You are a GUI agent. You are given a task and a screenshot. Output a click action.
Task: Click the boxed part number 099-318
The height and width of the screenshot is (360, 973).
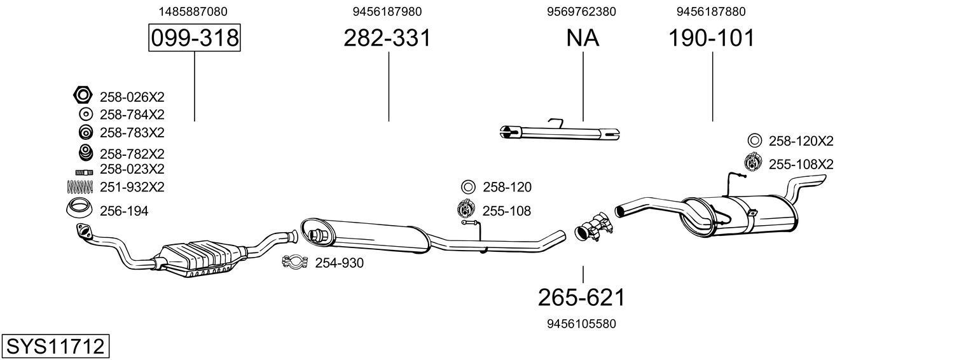195,38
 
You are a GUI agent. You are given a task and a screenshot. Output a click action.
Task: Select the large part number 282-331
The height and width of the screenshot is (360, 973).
387,38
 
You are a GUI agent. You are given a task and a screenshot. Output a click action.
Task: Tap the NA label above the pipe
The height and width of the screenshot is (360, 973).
583,38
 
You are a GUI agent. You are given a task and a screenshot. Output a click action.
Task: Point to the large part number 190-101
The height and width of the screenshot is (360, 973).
711,38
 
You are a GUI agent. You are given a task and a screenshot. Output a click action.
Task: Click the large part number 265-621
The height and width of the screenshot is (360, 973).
582,297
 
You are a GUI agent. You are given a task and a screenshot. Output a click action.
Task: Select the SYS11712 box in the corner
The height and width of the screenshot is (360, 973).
55,347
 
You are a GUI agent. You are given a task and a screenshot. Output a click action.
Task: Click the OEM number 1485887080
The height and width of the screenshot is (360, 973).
193,11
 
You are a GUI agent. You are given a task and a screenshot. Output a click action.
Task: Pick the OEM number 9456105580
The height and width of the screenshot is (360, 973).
581,324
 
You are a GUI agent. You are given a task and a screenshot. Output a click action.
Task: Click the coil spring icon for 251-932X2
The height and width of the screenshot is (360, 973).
80,186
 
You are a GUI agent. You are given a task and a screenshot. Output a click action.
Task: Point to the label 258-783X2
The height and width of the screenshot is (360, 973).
132,132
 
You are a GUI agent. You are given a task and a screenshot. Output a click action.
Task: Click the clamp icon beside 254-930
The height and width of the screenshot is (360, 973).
295,262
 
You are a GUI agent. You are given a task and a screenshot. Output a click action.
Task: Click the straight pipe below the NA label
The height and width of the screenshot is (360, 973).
560,132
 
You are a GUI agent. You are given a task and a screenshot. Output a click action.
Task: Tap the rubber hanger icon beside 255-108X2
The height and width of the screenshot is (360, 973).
753,163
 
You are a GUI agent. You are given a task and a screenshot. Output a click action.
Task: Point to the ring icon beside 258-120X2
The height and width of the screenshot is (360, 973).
754,141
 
